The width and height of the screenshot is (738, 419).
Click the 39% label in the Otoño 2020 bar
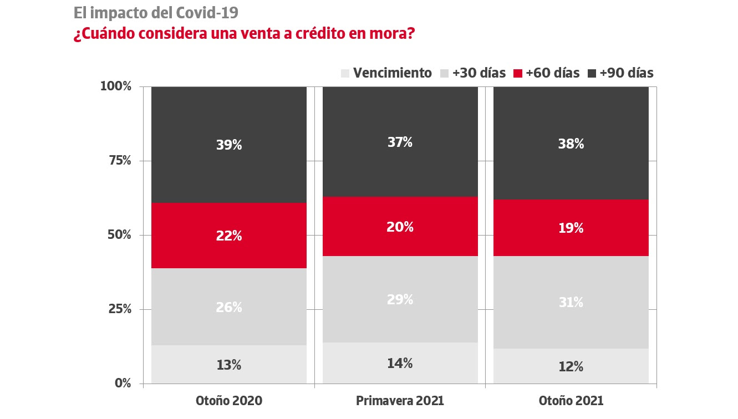pyautogui.click(x=229, y=145)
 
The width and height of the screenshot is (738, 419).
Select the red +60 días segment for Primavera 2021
pyautogui.click(x=400, y=227)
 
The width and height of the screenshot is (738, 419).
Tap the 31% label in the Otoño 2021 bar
pyautogui.click(x=571, y=303)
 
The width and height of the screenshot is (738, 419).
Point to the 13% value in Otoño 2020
pyautogui.click(x=229, y=365)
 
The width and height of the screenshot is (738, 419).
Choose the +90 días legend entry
pyautogui.click(x=626, y=73)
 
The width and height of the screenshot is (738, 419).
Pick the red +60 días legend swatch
pyautogui.click(x=518, y=73)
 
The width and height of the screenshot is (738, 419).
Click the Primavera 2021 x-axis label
pyautogui.click(x=400, y=401)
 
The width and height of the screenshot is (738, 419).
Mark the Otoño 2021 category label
pyautogui.click(x=571, y=401)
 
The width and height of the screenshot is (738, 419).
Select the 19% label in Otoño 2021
pyautogui.click(x=571, y=228)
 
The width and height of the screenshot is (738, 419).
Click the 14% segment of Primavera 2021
pyautogui.click(x=400, y=364)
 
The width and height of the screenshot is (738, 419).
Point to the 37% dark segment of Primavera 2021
pyautogui.click(x=400, y=142)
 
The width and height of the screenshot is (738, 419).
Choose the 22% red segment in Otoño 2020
pyautogui.click(x=229, y=236)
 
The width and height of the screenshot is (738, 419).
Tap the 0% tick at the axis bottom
pyautogui.click(x=122, y=383)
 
